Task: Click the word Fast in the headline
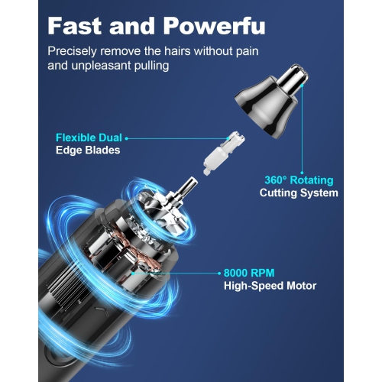(75, 26)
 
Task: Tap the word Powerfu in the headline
(214, 26)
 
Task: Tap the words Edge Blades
(88, 150)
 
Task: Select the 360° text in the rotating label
(276, 180)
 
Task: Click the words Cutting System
(299, 193)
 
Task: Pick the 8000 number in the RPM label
(235, 273)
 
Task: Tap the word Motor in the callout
(301, 286)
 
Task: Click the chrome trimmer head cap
(271, 102)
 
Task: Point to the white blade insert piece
(224, 153)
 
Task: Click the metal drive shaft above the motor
(188, 186)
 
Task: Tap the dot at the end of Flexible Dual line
(127, 138)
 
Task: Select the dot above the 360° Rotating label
(302, 173)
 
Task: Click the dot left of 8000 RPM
(219, 274)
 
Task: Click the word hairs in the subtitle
(177, 51)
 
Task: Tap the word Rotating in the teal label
(312, 180)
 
